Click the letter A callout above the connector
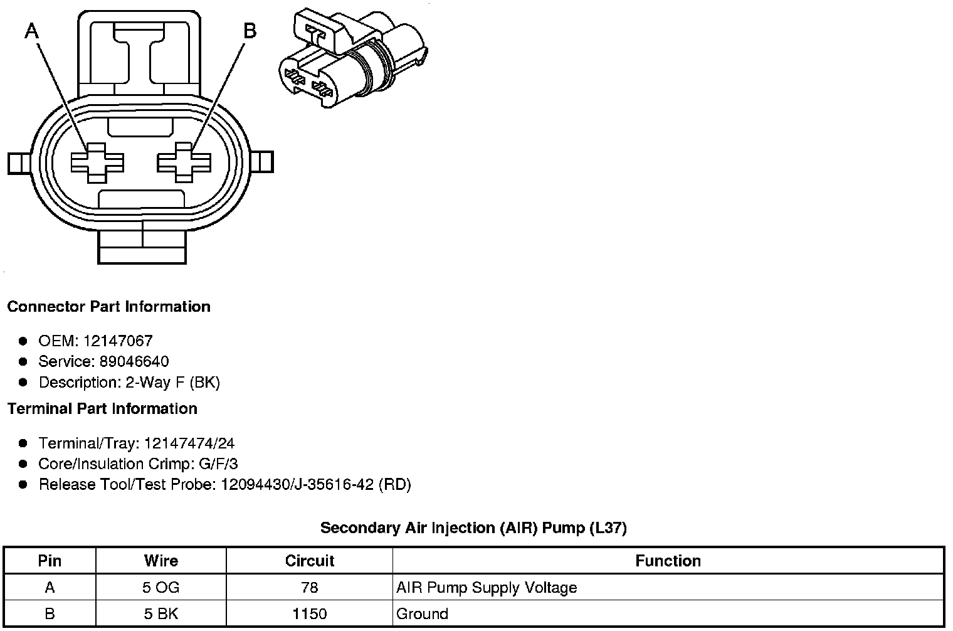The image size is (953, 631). (31, 30)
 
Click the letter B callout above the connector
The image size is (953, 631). (250, 30)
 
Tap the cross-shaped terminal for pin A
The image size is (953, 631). (97, 162)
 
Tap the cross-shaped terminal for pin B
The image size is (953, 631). (184, 162)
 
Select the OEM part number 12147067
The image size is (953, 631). (117, 341)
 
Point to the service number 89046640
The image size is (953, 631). (134, 362)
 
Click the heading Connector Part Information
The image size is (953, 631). (108, 307)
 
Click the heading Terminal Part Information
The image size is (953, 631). (102, 409)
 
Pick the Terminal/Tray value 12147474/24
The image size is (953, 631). (189, 443)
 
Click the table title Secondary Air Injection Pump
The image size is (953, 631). (473, 528)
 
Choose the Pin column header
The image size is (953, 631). (50, 561)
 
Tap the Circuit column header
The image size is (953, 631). (310, 561)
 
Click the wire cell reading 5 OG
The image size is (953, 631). (161, 588)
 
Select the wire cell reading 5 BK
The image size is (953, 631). (161, 614)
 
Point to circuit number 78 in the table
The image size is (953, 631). (310, 588)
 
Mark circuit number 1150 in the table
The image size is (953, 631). (310, 614)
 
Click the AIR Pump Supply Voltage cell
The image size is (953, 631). (487, 588)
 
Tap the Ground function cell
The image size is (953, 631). (422, 614)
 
